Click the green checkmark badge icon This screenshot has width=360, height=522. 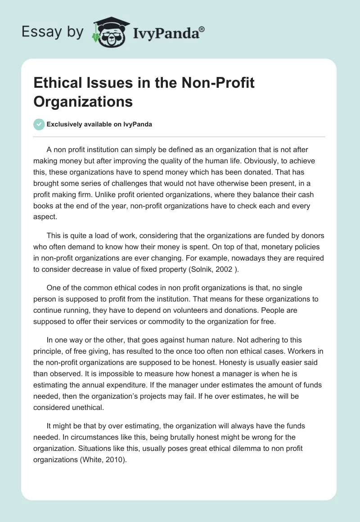pyautogui.click(x=39, y=124)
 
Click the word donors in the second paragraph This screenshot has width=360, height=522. pyautogui.click(x=312, y=236)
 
